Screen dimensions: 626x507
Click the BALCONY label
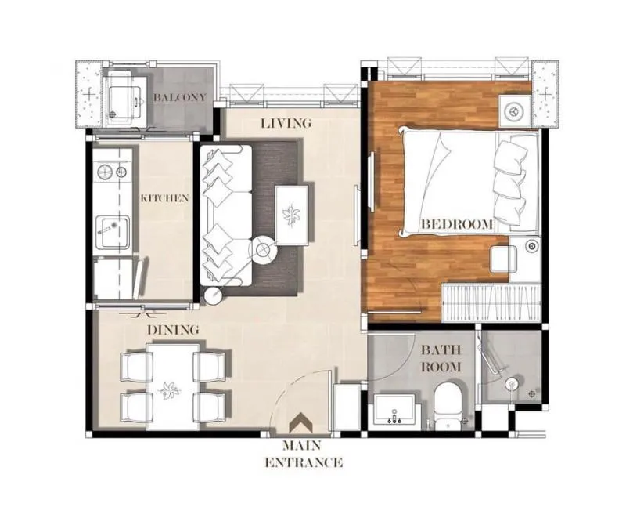point(180,97)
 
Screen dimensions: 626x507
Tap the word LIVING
point(286,123)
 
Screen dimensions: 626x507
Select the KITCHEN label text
point(164,198)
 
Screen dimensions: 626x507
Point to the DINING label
point(173,330)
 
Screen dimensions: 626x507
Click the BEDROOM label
point(457,224)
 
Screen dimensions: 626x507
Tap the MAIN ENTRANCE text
point(304,454)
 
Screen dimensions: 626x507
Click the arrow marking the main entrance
point(301,422)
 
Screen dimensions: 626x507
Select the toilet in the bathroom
point(448,406)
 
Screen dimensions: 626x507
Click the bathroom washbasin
point(395,409)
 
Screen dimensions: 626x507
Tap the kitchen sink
point(113,232)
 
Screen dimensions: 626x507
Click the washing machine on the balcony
point(124,101)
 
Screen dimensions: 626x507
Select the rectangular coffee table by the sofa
point(292,215)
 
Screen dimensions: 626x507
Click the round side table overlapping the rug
point(263,250)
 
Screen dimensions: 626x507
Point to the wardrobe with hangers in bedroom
point(491,302)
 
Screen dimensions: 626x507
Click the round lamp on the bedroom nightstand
point(514,110)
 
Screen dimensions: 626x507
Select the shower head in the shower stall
point(511,385)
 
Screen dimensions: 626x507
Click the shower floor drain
point(532,394)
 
